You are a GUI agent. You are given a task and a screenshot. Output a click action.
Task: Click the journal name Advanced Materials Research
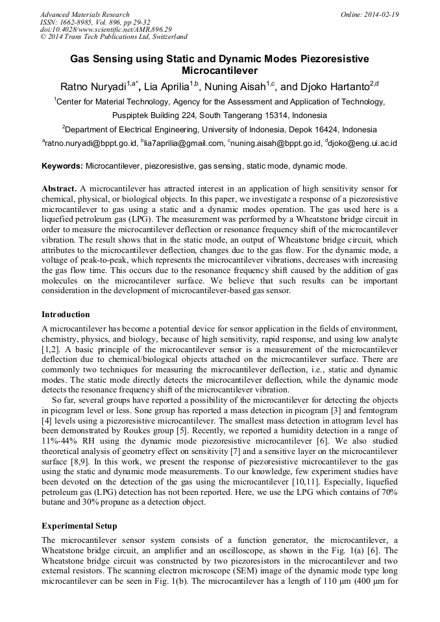click(x=84, y=14)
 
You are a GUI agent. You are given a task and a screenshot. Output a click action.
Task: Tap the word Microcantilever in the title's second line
click(x=220, y=71)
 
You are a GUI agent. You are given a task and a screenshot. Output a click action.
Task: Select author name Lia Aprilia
click(x=165, y=87)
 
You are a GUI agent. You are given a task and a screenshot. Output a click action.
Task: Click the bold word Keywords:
click(x=62, y=167)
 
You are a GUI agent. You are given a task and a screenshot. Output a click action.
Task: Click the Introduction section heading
click(x=66, y=315)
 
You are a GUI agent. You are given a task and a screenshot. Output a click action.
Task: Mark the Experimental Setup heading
click(x=79, y=526)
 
